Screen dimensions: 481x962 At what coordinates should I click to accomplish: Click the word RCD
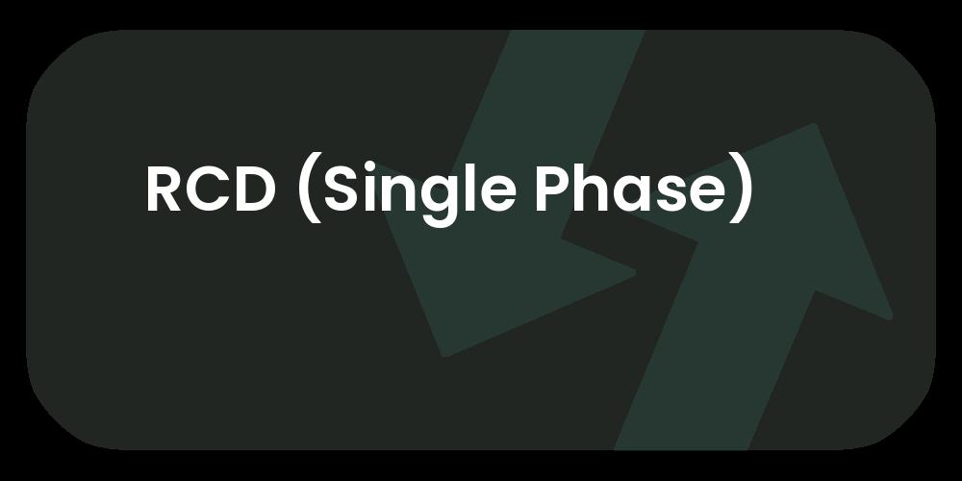tap(210, 190)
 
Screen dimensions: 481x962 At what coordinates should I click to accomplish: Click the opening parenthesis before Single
tap(306, 191)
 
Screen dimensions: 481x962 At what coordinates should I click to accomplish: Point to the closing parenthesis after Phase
tap(741, 191)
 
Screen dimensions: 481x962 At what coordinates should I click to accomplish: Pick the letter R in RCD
tap(165, 190)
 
